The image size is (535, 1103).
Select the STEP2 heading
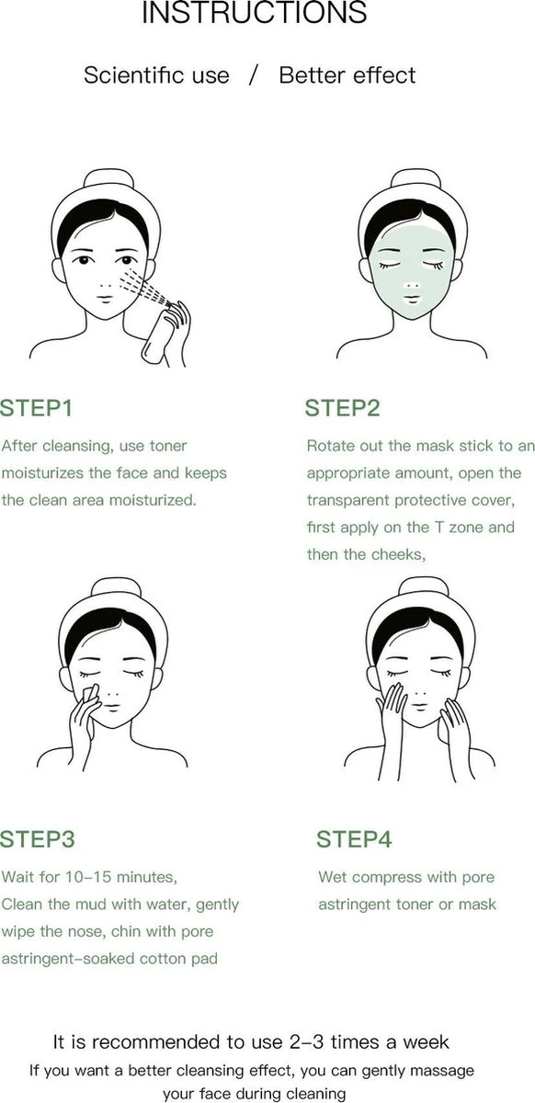[343, 408]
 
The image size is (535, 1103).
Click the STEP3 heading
[38, 839]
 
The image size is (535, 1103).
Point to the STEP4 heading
[354, 839]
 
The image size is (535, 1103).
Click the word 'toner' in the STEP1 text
[166, 446]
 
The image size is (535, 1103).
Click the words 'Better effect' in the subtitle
[347, 75]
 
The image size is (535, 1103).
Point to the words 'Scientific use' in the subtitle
[156, 75]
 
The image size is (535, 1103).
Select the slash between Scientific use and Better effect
[254, 75]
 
